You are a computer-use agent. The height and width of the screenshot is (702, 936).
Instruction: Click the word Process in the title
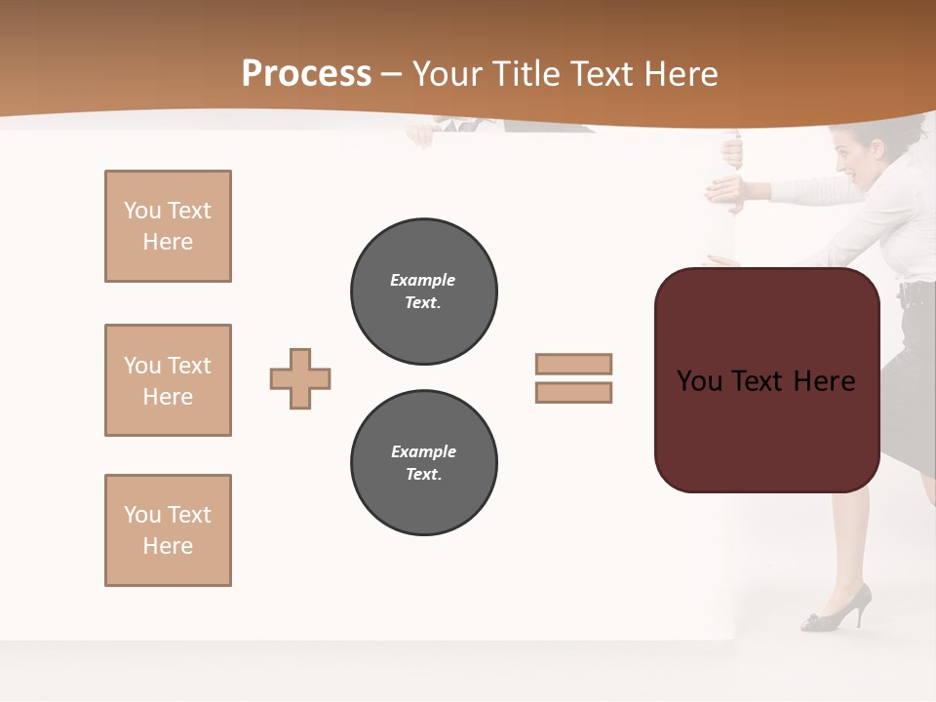coord(306,74)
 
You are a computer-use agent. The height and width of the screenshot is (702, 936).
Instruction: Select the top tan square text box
coord(168,226)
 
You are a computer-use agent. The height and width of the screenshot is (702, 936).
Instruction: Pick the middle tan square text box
coord(168,380)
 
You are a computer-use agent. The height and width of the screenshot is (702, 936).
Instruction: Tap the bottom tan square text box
coord(168,530)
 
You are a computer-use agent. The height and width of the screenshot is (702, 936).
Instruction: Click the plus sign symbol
coord(300,378)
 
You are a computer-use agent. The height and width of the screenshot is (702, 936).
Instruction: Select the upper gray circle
coord(424,291)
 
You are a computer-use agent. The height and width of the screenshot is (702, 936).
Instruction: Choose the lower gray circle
coord(424,462)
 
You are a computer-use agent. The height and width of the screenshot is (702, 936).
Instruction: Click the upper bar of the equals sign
coord(573,364)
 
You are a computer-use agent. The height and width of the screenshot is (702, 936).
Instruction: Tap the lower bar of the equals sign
coord(573,393)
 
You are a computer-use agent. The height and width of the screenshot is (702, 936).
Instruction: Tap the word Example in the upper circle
coord(423,280)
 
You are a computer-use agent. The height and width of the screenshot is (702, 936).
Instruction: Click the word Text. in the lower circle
coord(423,474)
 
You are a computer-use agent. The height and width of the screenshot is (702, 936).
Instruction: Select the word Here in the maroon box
coord(824,381)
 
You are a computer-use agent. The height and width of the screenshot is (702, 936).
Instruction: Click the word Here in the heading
coord(682,74)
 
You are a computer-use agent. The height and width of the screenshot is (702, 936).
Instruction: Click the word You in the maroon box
coord(700,381)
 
